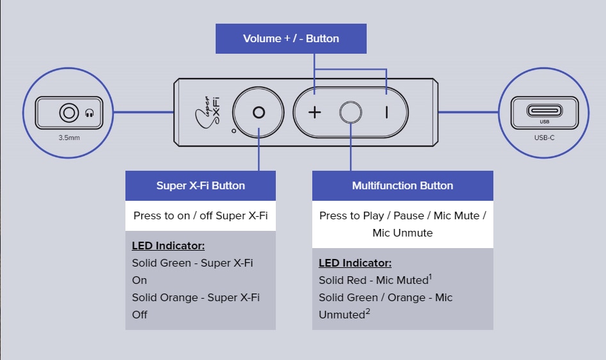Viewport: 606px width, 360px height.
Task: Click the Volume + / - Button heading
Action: point(291,38)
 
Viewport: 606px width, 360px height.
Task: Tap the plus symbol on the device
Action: point(314,113)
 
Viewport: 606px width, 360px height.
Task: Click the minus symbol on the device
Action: point(386,113)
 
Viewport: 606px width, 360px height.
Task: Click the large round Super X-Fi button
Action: point(259,113)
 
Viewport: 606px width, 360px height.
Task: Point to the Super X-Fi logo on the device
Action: point(209,113)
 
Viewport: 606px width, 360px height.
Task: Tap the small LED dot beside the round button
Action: point(234,130)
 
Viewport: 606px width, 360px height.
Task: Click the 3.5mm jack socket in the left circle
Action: point(68,114)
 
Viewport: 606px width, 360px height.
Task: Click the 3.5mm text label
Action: point(68,137)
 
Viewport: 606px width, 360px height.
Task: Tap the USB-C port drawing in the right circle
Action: point(545,111)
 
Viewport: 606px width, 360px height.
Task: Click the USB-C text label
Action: point(545,137)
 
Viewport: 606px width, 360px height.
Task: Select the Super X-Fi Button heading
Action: point(200,185)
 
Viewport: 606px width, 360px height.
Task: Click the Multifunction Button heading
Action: point(403,185)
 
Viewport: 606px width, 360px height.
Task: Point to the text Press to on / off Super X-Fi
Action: point(200,215)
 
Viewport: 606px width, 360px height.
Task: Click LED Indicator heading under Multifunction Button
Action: point(355,263)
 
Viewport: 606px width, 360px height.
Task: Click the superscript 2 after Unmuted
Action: point(367,311)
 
